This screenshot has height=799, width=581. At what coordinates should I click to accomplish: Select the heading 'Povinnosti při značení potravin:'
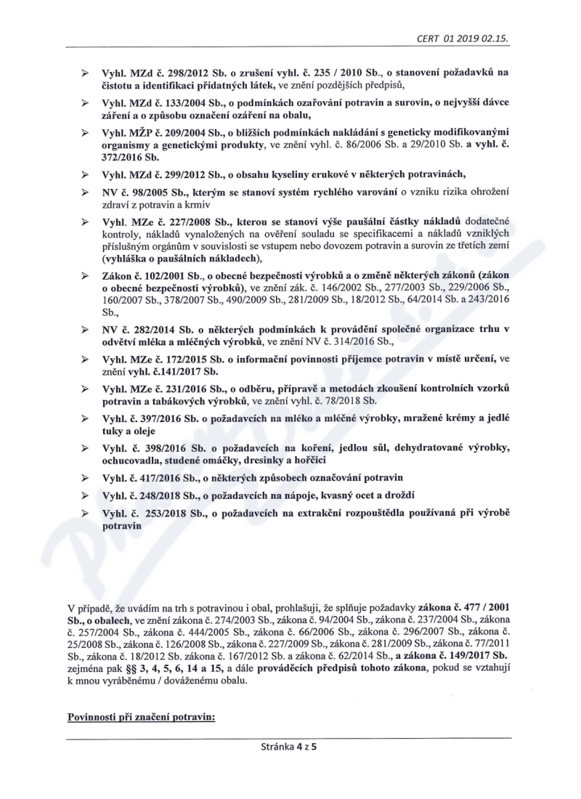coord(142,717)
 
